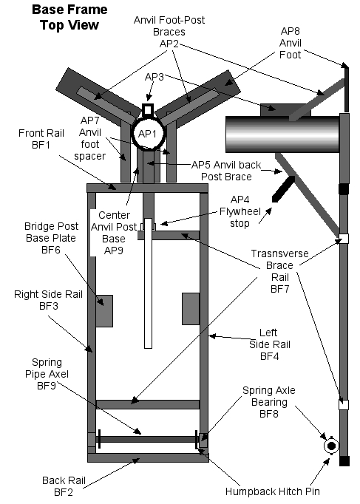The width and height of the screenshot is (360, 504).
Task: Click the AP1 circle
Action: click(x=148, y=134)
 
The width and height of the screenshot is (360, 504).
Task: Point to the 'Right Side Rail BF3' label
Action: click(x=42, y=299)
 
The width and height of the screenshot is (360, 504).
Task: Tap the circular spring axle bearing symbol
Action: click(x=330, y=446)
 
